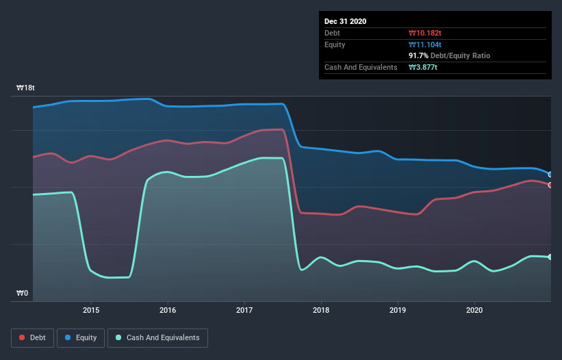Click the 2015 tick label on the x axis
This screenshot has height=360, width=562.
(91, 310)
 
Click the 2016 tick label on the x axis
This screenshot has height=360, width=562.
(168, 310)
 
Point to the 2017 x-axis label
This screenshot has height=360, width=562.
(244, 310)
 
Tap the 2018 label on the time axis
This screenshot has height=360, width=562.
(321, 310)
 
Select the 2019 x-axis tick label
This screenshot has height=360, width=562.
(398, 310)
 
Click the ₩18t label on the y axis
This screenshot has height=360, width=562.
(26, 88)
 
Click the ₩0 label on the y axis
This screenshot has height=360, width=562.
(23, 294)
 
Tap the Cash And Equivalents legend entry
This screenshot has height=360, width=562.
(157, 337)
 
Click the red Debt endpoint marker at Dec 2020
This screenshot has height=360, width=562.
(550, 185)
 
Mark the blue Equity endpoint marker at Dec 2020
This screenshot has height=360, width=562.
(550, 175)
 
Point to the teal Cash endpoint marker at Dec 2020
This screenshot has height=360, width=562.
(550, 257)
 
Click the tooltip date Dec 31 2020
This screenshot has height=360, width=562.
(346, 21)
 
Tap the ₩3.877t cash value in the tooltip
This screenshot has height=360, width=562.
(423, 67)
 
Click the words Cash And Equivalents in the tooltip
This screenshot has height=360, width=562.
(361, 67)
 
